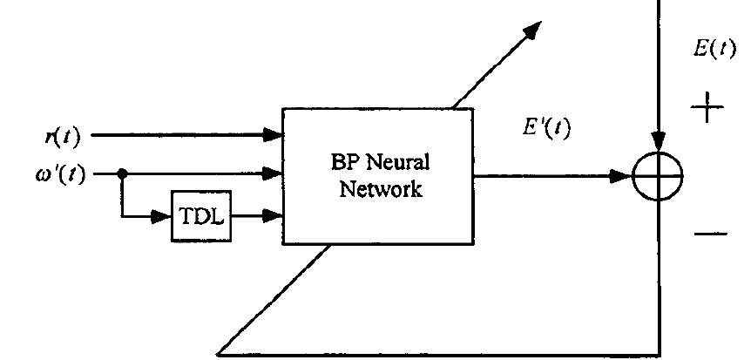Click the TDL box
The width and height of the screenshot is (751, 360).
[201, 215]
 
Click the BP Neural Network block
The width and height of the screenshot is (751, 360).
[379, 175]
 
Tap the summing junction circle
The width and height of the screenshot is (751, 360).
[658, 177]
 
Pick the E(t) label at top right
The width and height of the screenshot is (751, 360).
[714, 49]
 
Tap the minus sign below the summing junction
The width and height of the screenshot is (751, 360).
[710, 234]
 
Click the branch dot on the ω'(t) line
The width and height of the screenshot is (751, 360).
[123, 173]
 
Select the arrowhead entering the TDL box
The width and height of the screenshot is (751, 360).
[161, 215]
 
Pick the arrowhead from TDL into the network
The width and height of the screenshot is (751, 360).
[275, 215]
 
